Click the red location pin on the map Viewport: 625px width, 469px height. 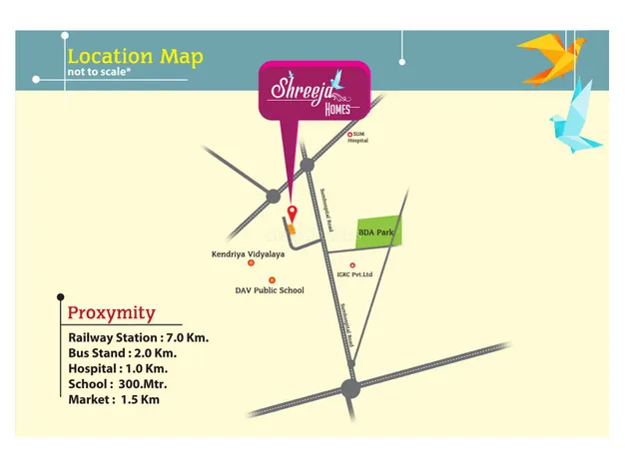(292, 212)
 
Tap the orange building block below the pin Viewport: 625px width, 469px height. (293, 229)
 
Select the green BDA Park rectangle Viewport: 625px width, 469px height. (378, 232)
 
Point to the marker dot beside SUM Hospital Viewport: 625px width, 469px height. (349, 134)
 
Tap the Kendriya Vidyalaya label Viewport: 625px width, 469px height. (248, 254)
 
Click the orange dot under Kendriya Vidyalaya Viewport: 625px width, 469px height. (251, 264)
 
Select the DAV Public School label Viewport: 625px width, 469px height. (270, 290)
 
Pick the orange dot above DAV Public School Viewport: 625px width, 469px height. (272, 280)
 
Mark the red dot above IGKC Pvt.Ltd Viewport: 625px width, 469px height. (352, 265)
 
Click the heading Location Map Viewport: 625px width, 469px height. (135, 56)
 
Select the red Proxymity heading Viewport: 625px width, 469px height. (111, 313)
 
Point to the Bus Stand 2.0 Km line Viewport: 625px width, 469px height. (122, 353)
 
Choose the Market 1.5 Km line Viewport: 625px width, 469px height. (113, 399)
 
